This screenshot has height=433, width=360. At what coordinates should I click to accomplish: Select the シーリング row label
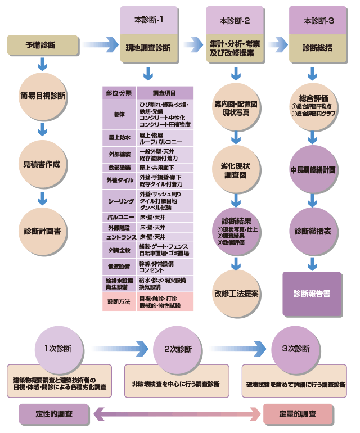[119, 201]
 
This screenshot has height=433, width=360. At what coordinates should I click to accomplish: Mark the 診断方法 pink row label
[119, 301]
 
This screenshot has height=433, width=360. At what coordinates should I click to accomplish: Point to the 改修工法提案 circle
[236, 293]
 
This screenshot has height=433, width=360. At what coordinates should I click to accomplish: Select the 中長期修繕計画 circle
[313, 169]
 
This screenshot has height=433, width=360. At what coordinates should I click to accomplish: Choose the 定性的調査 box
[54, 414]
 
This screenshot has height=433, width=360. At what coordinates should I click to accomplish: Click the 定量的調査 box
[298, 414]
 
